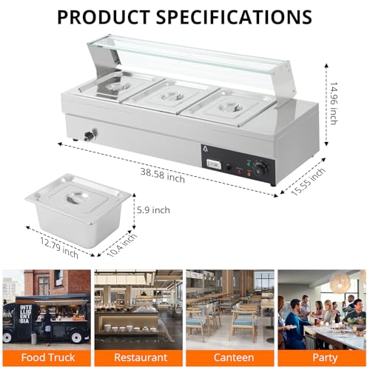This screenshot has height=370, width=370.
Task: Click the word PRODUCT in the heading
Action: (104, 17)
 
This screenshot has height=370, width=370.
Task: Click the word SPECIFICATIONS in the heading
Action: (234, 17)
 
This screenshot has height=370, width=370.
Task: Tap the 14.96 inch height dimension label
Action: (334, 104)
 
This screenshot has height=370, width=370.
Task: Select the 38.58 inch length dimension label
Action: (163, 175)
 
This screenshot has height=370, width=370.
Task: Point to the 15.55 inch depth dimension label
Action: (309, 181)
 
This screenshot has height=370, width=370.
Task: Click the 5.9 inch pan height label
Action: (153, 210)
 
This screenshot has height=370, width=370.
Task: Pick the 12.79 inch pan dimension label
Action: (59, 247)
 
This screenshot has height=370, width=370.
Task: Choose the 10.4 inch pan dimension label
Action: (122, 245)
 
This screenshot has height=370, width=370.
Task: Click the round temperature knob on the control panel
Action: (261, 169)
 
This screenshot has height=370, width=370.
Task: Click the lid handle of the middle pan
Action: (171, 96)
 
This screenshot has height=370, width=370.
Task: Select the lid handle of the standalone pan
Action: (77, 197)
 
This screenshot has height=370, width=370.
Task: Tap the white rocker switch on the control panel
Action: (212, 164)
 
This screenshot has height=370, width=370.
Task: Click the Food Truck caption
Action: (48, 357)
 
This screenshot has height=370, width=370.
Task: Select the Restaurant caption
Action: (141, 357)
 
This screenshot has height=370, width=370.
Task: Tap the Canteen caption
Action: (233, 357)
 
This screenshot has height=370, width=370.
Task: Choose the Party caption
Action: (325, 358)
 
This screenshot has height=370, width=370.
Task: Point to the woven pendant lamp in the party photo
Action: (340, 283)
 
